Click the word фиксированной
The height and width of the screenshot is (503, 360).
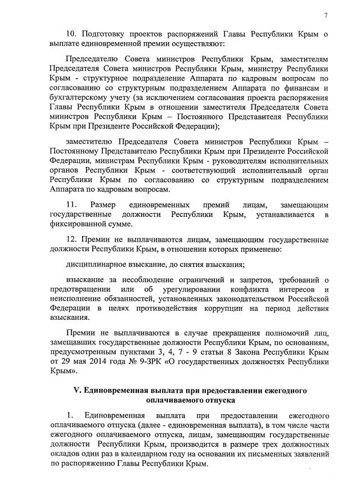click(77, 224)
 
